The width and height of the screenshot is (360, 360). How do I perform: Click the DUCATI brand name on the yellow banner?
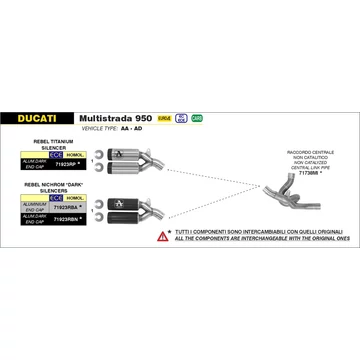click(37, 117)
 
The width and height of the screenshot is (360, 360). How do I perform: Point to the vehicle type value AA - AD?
click(143, 128)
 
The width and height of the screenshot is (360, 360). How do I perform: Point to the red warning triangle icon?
click(162, 237)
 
